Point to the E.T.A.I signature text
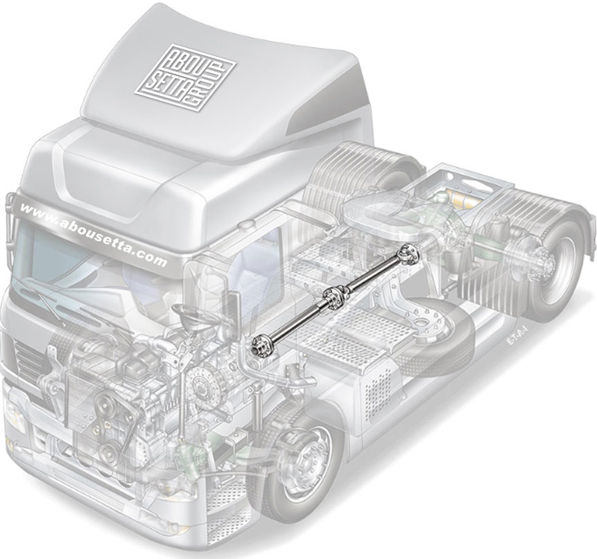tap(517, 341)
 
